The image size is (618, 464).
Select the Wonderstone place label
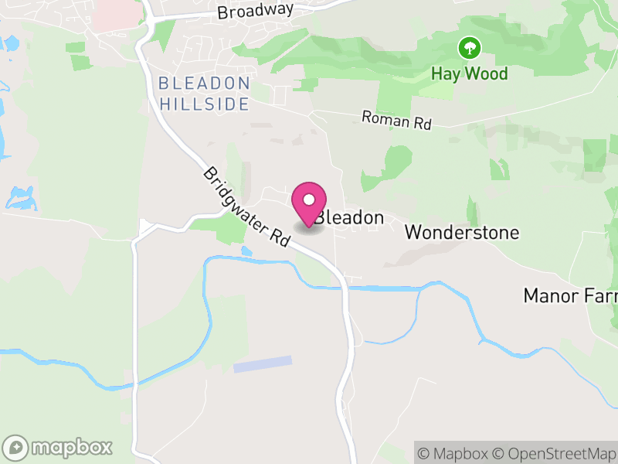click(x=462, y=232)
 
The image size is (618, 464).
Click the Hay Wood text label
click(x=469, y=74)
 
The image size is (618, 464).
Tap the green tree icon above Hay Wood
click(x=469, y=49)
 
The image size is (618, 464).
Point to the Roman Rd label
click(x=396, y=119)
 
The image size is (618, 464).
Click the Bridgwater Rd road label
click(x=246, y=207)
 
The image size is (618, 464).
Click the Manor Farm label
click(x=570, y=295)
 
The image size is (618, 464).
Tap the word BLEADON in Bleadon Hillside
click(x=204, y=84)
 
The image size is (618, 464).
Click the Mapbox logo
click(x=59, y=447)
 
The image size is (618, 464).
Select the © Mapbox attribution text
click(x=452, y=452)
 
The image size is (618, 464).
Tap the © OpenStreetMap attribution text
click(x=555, y=452)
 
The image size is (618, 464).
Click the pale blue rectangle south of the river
click(x=263, y=364)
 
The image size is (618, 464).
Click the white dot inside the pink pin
click(x=309, y=199)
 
